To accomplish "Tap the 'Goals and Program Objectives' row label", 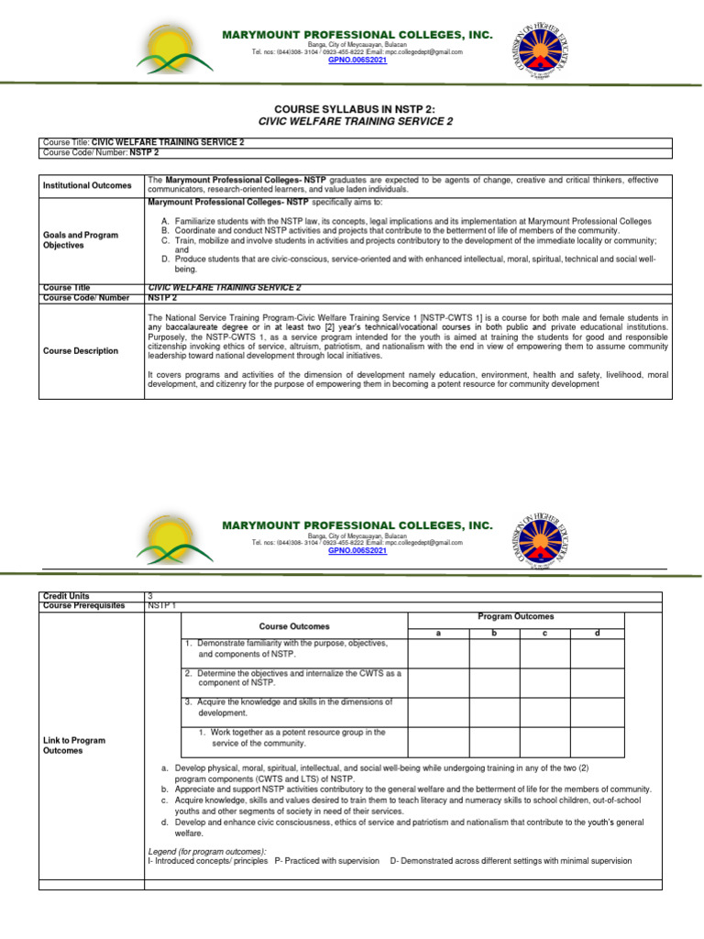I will pyautogui.click(x=81, y=240).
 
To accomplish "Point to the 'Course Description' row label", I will pyautogui.click(x=82, y=350).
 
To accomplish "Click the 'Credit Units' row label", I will pyautogui.click(x=66, y=596).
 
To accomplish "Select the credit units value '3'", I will pyautogui.click(x=150, y=596).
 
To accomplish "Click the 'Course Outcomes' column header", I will pyautogui.click(x=293, y=625).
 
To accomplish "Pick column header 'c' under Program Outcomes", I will pyautogui.click(x=544, y=633).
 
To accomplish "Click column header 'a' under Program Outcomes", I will pyautogui.click(x=438, y=633).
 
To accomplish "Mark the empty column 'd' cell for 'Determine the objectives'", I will pyautogui.click(x=597, y=682).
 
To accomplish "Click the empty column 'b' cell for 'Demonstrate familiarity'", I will pyautogui.click(x=495, y=653).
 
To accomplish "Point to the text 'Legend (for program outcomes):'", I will pyautogui.click(x=206, y=851).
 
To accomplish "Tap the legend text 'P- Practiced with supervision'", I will pyautogui.click(x=327, y=860).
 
